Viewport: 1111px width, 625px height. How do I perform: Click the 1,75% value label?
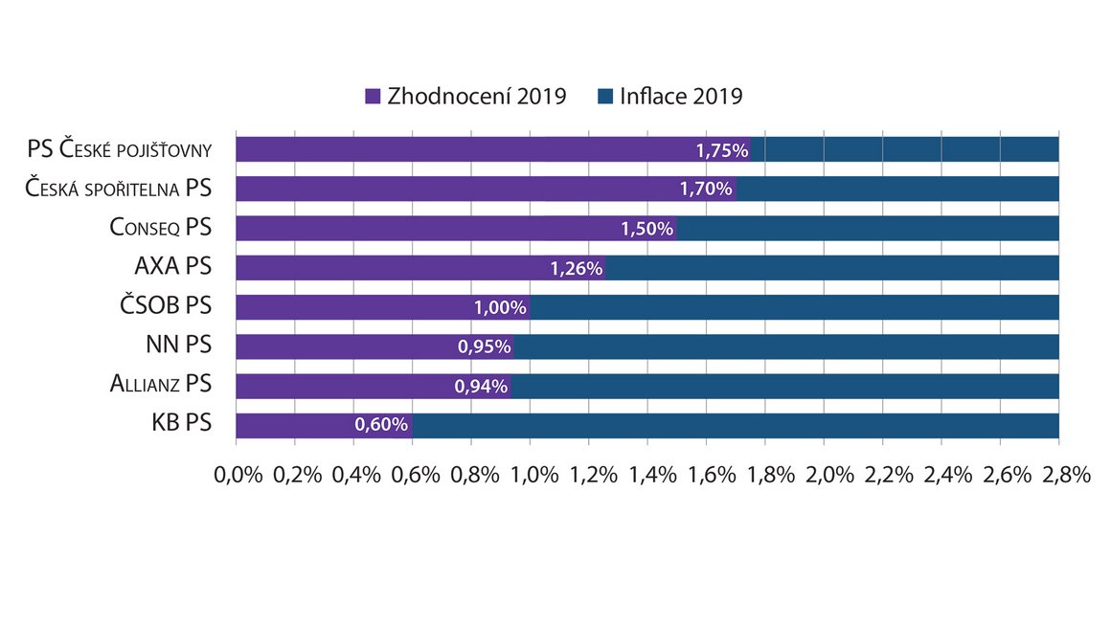(722, 151)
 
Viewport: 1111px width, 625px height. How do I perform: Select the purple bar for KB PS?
(324, 425)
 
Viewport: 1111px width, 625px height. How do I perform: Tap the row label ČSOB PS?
(166, 305)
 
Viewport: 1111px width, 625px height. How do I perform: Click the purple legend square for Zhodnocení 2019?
(373, 97)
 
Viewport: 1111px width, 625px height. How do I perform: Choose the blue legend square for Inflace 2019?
(605, 97)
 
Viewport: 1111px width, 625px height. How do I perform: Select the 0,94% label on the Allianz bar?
(481, 387)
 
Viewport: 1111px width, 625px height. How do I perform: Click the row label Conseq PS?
(161, 227)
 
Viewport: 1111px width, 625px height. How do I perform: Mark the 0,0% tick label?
(238, 475)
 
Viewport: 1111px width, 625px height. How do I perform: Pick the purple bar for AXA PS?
(420, 268)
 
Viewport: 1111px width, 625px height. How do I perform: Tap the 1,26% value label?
(576, 268)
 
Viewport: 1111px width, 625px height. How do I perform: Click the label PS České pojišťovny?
(120, 149)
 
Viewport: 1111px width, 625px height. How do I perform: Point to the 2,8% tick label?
(1066, 475)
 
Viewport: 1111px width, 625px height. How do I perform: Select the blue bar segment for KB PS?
(736, 425)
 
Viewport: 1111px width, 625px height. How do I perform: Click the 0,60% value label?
(381, 425)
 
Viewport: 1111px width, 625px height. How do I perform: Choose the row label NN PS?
(178, 344)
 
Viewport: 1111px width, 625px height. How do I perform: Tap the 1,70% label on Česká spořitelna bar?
(706, 189)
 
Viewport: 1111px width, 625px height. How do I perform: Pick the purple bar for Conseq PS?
(456, 228)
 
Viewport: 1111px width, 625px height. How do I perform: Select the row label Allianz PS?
(161, 383)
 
